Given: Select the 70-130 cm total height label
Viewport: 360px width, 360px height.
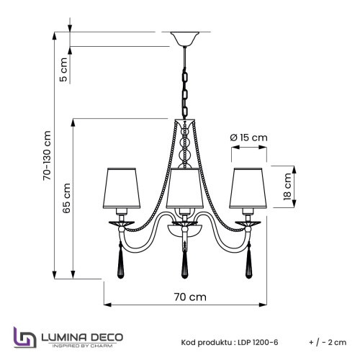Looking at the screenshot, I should coord(47,155).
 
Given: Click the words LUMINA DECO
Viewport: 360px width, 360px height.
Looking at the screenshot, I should coord(84,336).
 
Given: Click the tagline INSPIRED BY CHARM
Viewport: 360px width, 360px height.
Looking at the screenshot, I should coord(84,346).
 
